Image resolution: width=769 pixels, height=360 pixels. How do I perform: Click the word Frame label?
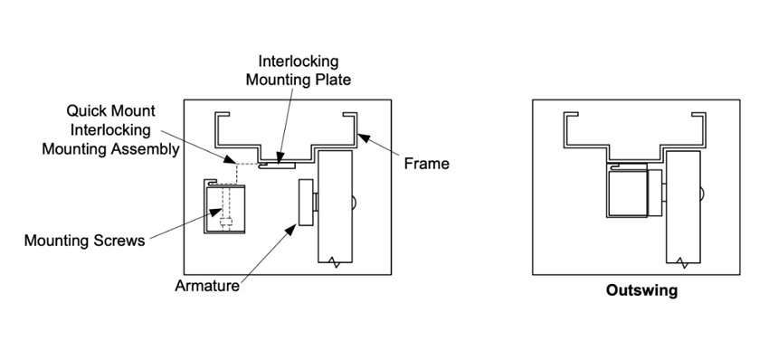[426, 164]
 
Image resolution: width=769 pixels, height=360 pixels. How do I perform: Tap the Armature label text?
[207, 286]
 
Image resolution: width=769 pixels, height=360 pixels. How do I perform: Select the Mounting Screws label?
[84, 241]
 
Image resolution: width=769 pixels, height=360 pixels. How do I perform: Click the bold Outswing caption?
[641, 290]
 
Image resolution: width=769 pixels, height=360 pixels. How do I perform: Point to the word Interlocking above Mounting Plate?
[299, 62]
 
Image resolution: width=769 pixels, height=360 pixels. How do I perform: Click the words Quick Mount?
[111, 110]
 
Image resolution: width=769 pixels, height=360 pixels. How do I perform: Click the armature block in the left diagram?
[306, 202]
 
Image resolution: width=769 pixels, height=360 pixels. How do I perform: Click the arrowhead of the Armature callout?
[292, 229]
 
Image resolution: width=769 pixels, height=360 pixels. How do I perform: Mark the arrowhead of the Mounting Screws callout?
[216, 212]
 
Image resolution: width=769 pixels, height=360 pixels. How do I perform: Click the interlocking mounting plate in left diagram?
[277, 166]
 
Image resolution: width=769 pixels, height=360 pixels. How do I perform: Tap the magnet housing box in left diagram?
[224, 207]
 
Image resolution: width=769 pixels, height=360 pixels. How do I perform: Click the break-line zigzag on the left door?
[336, 262]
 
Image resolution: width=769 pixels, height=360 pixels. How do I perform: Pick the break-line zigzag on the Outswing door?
[684, 262]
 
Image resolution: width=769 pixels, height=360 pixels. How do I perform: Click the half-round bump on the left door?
[355, 202]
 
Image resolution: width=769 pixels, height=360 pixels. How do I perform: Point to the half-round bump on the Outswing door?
[702, 194]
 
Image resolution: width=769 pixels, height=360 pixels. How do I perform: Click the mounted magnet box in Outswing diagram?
[627, 194]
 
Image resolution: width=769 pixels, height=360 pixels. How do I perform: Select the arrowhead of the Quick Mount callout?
[230, 159]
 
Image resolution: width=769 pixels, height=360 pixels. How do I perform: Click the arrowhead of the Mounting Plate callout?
[280, 157]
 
